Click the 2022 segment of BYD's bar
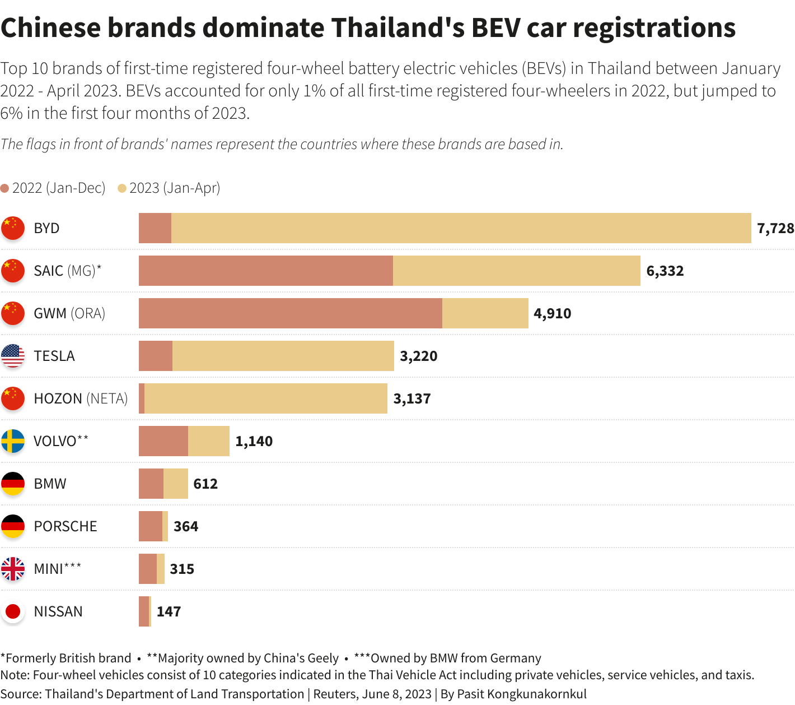(x=155, y=228)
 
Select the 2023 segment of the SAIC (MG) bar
(x=516, y=271)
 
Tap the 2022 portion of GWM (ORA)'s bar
(x=290, y=313)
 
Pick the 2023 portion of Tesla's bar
(x=283, y=356)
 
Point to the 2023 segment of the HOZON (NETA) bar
(x=265, y=398)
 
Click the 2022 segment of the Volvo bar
(x=163, y=441)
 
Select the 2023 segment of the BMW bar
(x=176, y=484)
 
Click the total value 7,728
(x=775, y=228)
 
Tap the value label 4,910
(x=553, y=313)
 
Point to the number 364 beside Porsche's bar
(x=186, y=526)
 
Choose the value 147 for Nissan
(x=169, y=611)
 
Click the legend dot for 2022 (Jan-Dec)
(x=5, y=188)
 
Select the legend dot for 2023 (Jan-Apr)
(x=122, y=188)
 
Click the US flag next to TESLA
(x=13, y=356)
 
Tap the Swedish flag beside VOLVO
(x=13, y=441)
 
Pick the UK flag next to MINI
(x=13, y=569)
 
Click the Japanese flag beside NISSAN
(x=13, y=611)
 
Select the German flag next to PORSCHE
(x=13, y=526)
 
